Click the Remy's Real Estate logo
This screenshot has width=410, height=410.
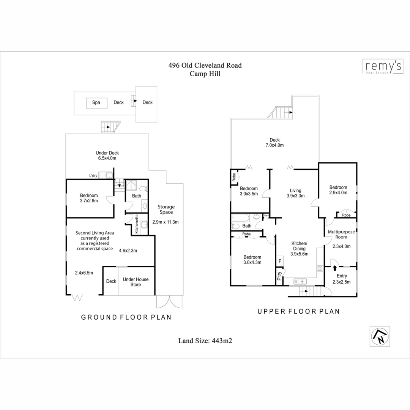click(381, 67)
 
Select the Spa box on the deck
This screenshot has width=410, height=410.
click(96, 102)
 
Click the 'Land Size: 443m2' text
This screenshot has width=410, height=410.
click(205, 341)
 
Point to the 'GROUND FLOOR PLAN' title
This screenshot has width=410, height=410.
click(126, 317)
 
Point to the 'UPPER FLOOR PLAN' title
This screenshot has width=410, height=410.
click(298, 311)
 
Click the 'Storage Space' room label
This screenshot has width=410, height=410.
click(166, 210)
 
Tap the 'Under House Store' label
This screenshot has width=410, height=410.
click(136, 282)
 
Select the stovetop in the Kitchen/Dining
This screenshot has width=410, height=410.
click(320, 268)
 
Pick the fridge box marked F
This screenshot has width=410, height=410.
click(280, 261)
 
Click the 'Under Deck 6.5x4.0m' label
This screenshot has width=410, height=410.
click(107, 156)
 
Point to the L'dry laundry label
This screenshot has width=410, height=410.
click(93, 175)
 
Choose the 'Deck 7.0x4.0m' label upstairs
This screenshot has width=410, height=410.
click(274, 143)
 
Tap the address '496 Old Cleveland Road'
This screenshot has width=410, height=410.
click(205, 65)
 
